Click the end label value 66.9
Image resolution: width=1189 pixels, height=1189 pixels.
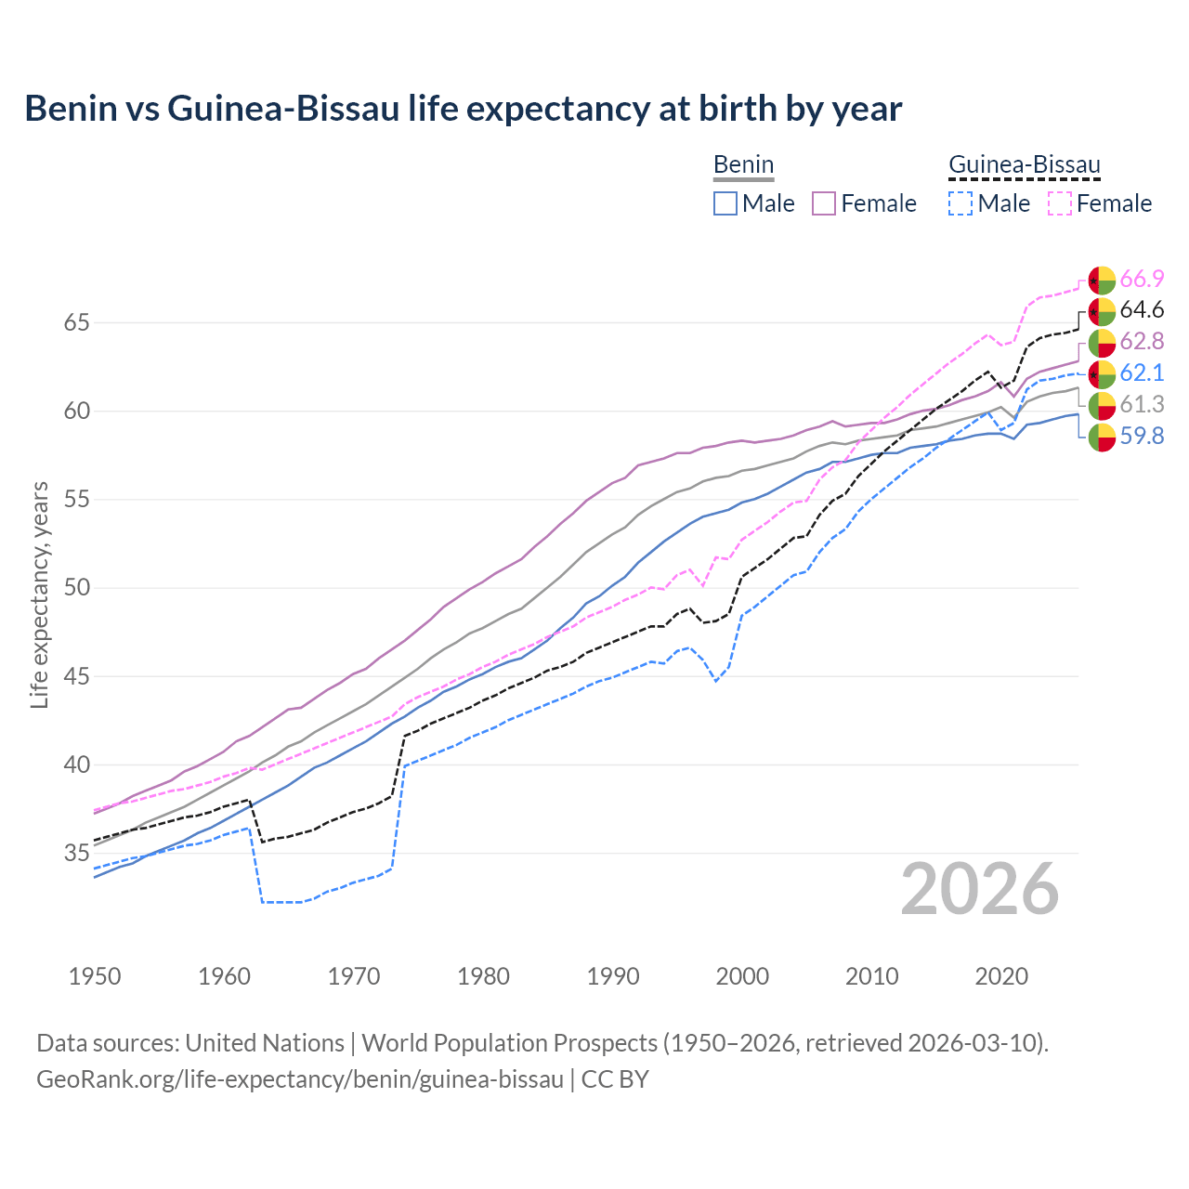coord(1142,279)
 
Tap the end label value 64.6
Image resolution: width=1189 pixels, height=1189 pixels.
coord(1142,310)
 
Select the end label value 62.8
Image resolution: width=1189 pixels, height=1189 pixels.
coord(1142,342)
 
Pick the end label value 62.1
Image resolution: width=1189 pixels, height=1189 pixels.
coord(1142,373)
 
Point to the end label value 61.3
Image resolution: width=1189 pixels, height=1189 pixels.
coord(1142,404)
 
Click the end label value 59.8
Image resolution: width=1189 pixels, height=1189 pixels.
coord(1142,436)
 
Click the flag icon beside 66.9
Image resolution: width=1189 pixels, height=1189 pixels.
coord(1102,280)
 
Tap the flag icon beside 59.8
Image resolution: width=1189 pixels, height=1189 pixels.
coord(1102,437)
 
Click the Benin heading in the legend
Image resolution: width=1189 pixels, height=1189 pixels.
coord(743,165)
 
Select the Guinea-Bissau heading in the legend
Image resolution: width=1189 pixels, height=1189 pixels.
coord(1024,165)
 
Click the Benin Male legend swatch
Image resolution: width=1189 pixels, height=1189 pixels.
coord(725,203)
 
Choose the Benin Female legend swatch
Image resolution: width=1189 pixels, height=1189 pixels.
coord(824,203)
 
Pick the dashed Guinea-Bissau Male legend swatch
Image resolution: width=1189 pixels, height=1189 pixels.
coord(960,203)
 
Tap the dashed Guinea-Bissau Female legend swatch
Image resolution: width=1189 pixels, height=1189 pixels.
coord(1059,203)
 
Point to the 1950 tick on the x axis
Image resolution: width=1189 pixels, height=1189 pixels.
coord(95,976)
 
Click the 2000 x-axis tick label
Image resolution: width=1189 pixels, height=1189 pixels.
coord(742,976)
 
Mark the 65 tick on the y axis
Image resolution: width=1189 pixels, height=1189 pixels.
coord(76,323)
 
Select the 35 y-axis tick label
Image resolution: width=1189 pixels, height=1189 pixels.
coord(76,854)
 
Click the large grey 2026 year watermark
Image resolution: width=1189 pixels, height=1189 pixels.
coord(979,889)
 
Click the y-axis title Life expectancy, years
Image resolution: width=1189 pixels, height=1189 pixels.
coord(40,594)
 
